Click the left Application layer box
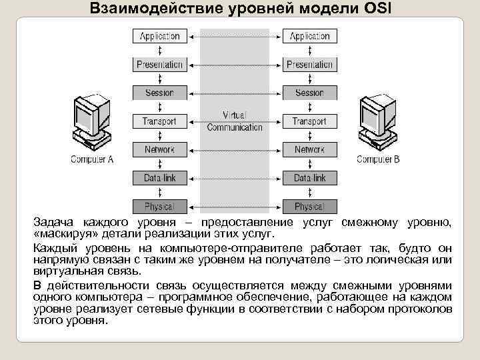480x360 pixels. pos(160,36)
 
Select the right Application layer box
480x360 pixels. pos(309,36)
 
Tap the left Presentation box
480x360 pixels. pos(160,65)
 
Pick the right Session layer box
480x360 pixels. pos(309,93)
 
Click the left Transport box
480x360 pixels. pos(160,121)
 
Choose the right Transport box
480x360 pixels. pos(309,121)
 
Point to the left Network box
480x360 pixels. pos(160,149)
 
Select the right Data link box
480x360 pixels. pos(309,178)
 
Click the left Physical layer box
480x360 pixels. pos(160,207)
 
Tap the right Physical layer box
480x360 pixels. pos(309,207)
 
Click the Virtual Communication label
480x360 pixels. pos(235,121)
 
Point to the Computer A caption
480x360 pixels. pos(92,159)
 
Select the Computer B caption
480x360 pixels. pos(378,159)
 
